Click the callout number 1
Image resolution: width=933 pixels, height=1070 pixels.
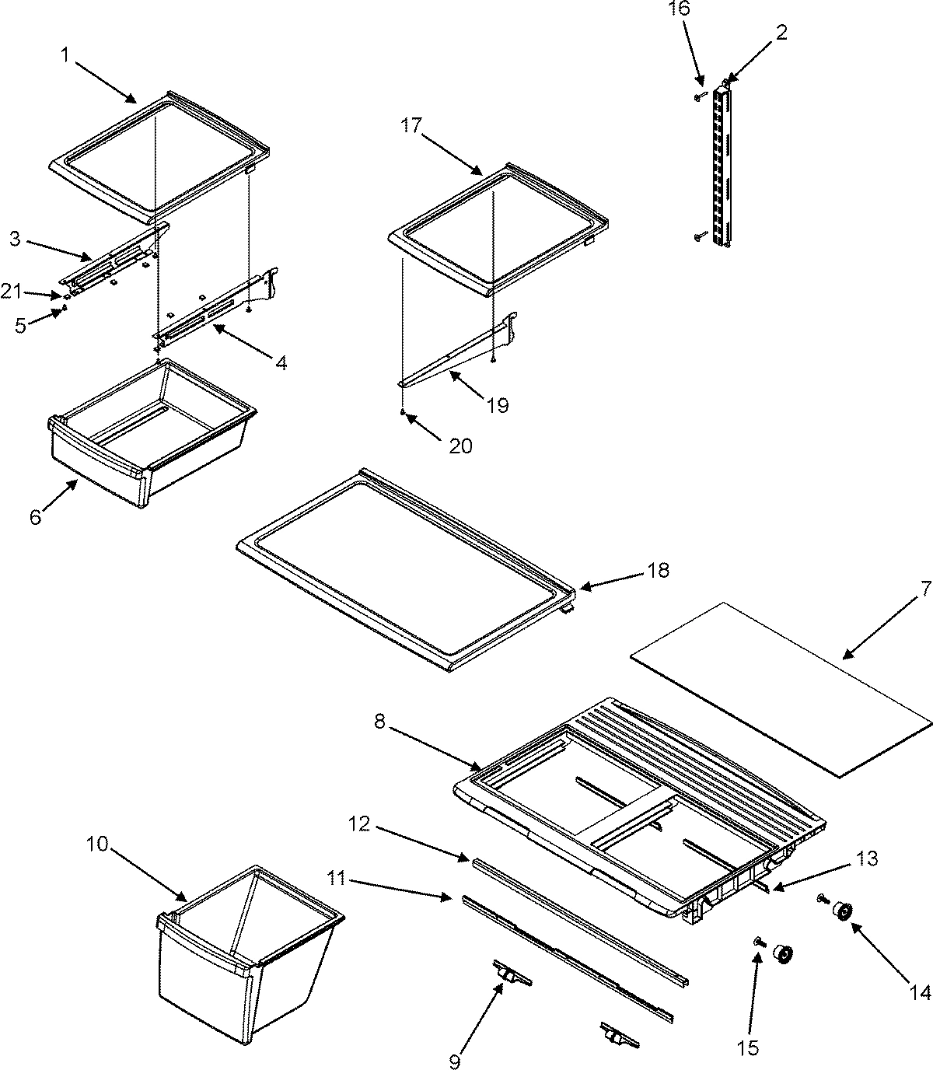(65, 55)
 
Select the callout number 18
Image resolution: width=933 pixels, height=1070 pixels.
(657, 570)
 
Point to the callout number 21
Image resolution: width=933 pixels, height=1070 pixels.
(11, 292)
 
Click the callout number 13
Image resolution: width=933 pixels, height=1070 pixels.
(868, 858)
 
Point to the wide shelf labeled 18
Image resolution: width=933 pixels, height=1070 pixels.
(404, 568)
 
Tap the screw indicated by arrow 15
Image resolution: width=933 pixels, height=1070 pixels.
(757, 942)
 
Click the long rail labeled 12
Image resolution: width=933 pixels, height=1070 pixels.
(575, 918)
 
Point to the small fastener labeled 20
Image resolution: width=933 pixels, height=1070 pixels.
(403, 411)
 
